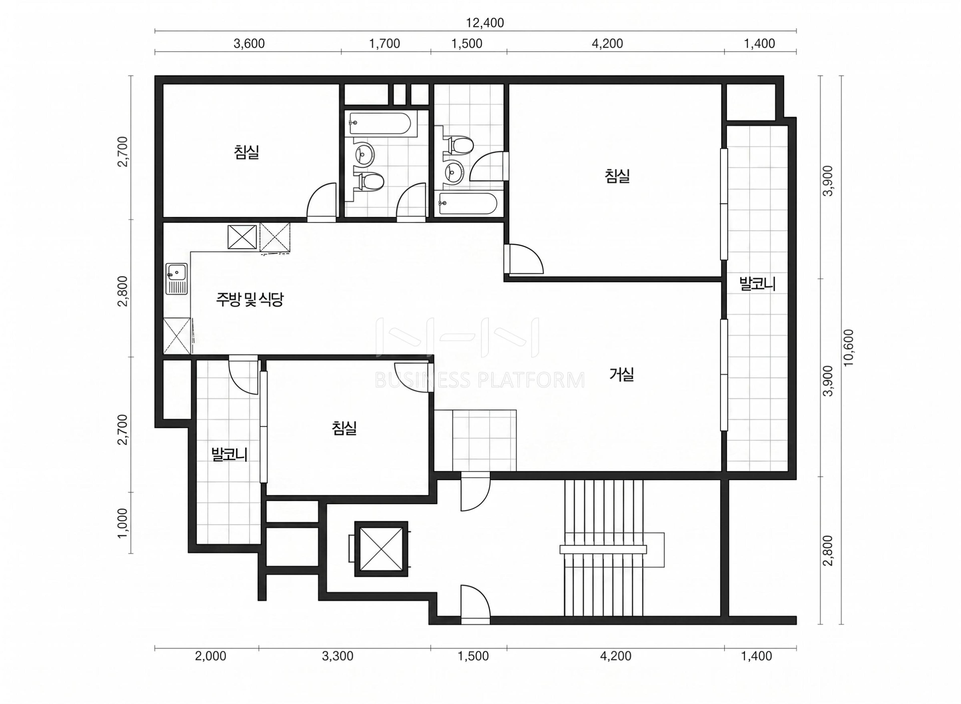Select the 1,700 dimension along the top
click(x=384, y=44)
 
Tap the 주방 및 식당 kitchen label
click(x=250, y=300)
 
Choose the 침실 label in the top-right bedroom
click(x=617, y=176)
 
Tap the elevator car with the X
click(x=381, y=549)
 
